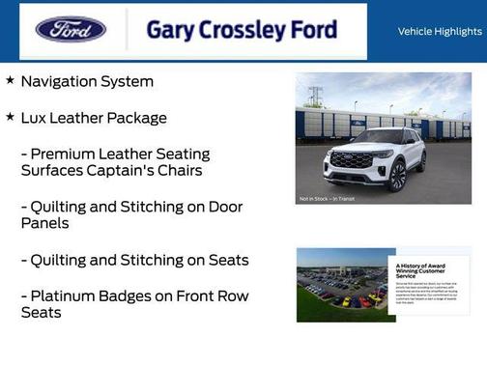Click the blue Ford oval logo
pyautogui.click(x=71, y=29)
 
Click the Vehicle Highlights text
pyautogui.click(x=440, y=31)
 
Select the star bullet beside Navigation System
pyautogui.click(x=10, y=81)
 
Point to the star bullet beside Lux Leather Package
pyautogui.click(x=10, y=117)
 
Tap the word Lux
pyautogui.click(x=37, y=118)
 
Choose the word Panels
pyautogui.click(x=46, y=223)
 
